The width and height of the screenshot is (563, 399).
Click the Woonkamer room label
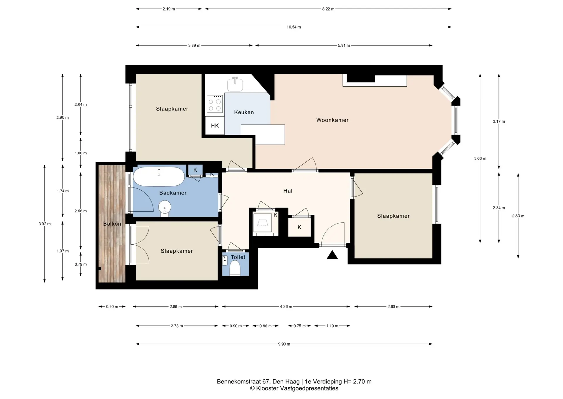tap(332, 120)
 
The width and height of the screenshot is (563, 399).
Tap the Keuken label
tap(244, 112)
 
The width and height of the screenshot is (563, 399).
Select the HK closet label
tap(215, 126)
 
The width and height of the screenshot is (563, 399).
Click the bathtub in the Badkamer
tap(159, 177)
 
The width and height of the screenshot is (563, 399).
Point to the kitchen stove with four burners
tap(215, 104)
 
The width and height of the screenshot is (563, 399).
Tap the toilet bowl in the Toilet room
tap(235, 268)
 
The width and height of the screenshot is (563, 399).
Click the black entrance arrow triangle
tap(332, 255)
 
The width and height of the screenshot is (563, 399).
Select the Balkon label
tap(112, 224)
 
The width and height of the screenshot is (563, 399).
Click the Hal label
tap(288, 191)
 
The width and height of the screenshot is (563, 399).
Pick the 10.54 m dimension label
tap(294, 27)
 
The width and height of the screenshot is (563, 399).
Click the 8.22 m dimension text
tap(328, 9)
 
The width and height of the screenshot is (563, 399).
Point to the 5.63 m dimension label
tap(480, 158)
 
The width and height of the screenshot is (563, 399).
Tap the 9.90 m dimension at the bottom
tap(284, 344)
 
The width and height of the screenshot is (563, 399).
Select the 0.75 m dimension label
tap(299, 326)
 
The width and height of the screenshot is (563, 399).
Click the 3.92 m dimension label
tap(45, 224)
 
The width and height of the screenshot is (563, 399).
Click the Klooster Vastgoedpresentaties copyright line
tap(294, 388)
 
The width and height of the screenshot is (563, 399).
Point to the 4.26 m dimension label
tap(286, 307)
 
